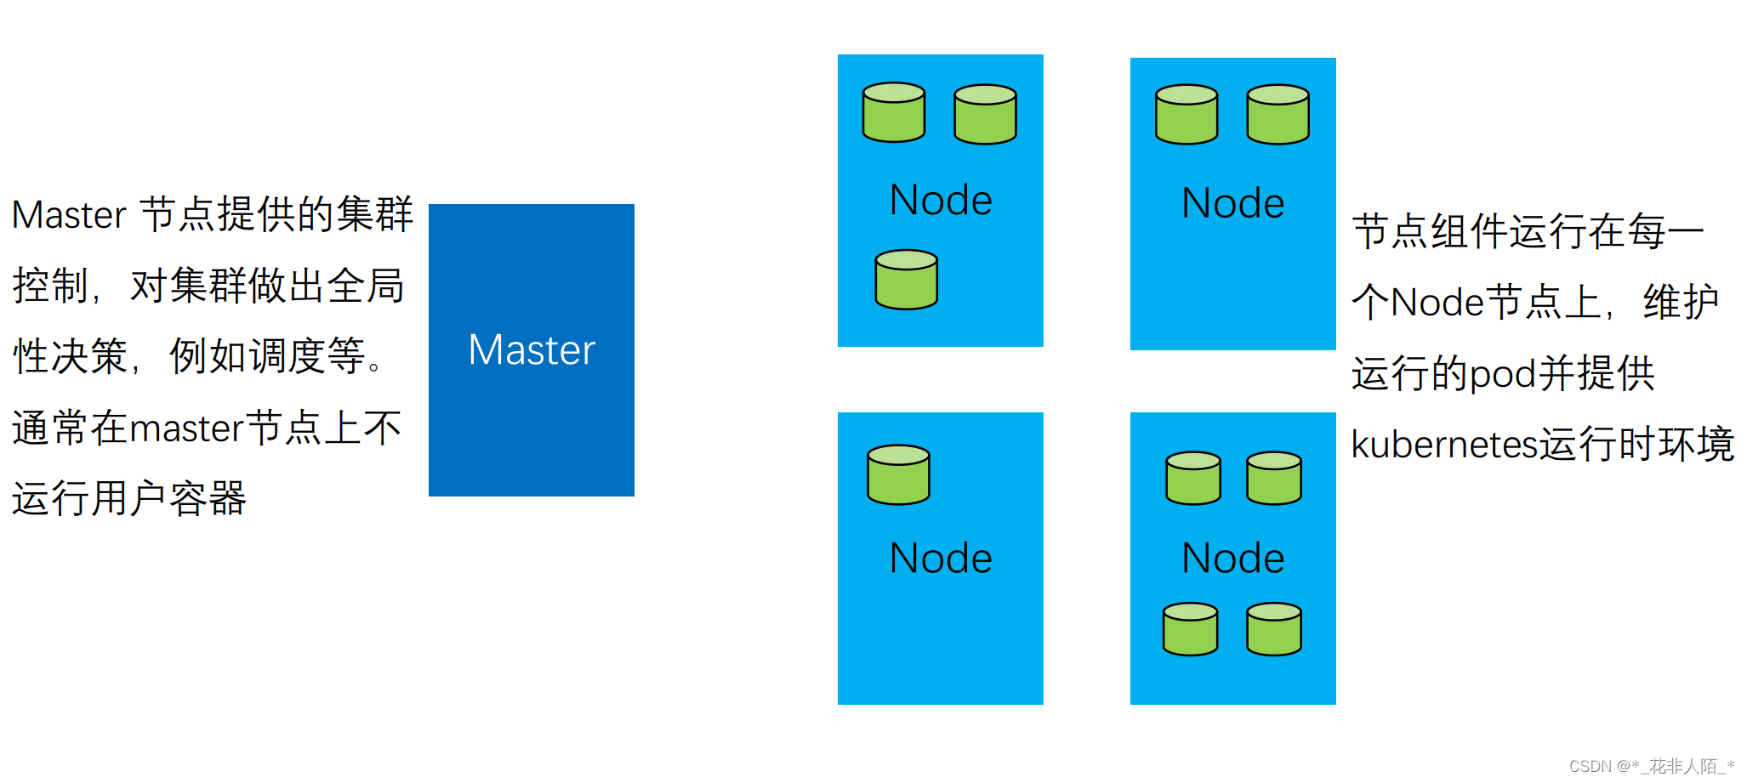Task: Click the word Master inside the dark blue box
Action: [532, 350]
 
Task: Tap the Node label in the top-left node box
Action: [941, 201]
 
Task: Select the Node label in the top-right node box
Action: [1232, 203]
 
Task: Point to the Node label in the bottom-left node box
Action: [941, 559]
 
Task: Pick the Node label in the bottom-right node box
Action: [1232, 559]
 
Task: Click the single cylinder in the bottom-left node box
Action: [898, 474]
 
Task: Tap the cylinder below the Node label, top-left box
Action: [906, 280]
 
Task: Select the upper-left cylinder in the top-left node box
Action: [893, 112]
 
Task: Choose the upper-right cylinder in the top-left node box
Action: [985, 114]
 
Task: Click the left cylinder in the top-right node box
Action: [1186, 114]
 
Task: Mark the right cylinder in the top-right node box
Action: [1278, 114]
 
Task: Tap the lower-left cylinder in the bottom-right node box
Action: [1190, 629]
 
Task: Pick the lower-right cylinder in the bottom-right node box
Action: [1273, 629]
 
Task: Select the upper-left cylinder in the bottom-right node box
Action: [1192, 478]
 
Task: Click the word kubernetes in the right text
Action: [1444, 445]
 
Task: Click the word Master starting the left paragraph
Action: [69, 215]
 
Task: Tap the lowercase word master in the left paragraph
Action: [187, 428]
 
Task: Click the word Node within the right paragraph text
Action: [1437, 303]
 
